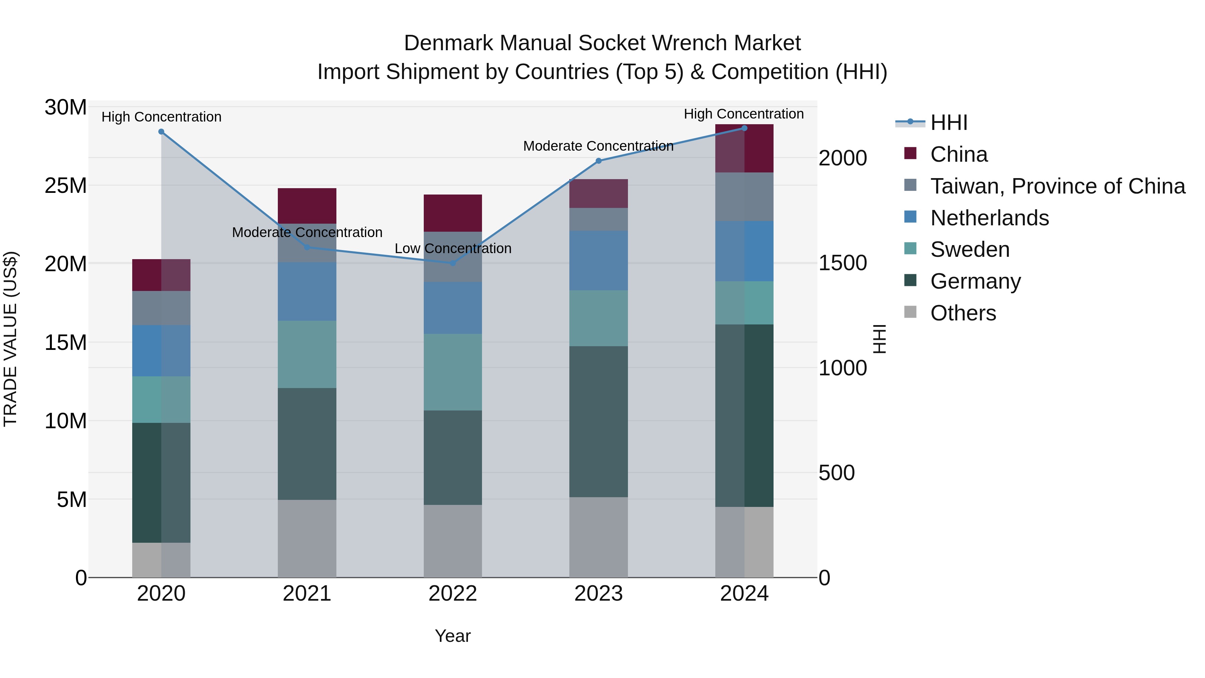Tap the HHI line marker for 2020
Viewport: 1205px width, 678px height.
(x=161, y=132)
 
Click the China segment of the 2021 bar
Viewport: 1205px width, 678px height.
(x=307, y=206)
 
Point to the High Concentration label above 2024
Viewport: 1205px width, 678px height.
(x=743, y=114)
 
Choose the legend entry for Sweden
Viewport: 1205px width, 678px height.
(x=969, y=249)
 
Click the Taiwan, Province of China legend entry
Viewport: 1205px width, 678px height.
(x=1057, y=186)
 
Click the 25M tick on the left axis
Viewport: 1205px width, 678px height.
(x=66, y=186)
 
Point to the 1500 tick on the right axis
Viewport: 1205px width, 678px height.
(x=842, y=263)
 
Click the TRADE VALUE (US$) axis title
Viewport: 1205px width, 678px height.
(x=10, y=339)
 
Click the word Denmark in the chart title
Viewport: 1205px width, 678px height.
(x=448, y=43)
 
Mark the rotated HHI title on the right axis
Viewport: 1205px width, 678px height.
(x=879, y=339)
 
